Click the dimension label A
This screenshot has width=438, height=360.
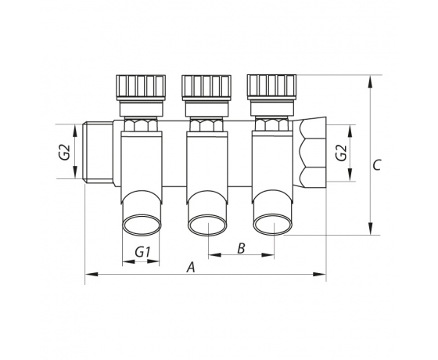click(x=191, y=267)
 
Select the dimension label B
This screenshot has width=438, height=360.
click(x=241, y=248)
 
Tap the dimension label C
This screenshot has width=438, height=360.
click(x=377, y=165)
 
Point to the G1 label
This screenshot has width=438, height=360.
click(x=142, y=252)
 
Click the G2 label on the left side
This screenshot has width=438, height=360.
click(x=66, y=153)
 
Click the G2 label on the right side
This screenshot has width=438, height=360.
click(x=341, y=153)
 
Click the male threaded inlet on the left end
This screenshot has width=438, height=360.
click(x=98, y=153)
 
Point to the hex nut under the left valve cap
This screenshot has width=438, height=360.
click(x=141, y=124)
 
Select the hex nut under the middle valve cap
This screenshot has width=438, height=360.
click(x=206, y=124)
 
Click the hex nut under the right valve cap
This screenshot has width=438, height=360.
click(x=271, y=124)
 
